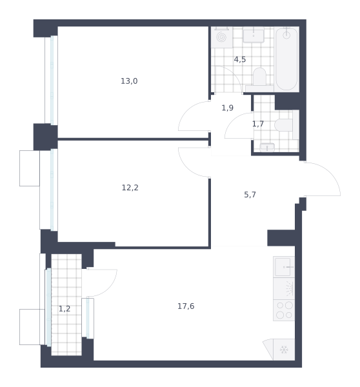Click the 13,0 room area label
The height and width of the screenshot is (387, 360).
tap(129, 81)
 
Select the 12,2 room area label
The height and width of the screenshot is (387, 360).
tap(130, 188)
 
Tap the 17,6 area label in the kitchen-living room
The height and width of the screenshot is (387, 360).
tap(186, 306)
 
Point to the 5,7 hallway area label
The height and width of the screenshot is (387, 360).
tap(250, 195)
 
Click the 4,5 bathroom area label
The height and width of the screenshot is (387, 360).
tap(240, 59)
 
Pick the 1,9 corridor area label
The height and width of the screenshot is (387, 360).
tap(227, 108)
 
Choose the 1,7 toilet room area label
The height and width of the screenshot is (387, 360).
tap(258, 124)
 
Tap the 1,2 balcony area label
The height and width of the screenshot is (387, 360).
tap(65, 308)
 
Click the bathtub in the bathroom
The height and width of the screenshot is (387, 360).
tap(286, 59)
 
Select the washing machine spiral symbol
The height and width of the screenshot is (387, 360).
tap(221, 37)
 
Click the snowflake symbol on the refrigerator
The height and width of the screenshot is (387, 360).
tap(284, 350)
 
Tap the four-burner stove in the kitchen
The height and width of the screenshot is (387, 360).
tap(284, 310)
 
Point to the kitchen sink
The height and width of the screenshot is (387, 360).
tap(284, 267)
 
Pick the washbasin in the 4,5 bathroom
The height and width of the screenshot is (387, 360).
tap(254, 35)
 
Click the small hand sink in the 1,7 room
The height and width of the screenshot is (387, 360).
tap(267, 148)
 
